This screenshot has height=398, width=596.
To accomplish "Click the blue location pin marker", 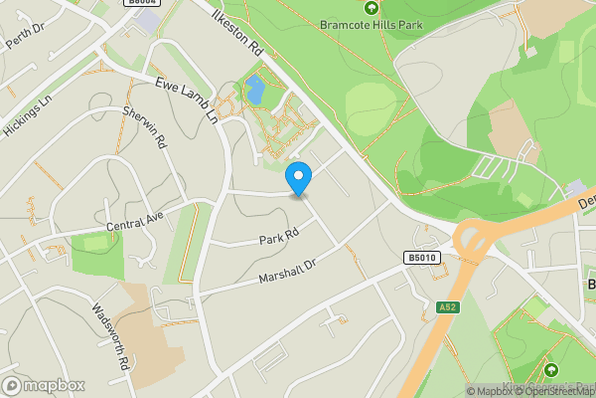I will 299,178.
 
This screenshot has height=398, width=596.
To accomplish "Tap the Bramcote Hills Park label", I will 372,26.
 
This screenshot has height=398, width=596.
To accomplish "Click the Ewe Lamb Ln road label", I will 185,99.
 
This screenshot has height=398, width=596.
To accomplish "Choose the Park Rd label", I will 279,238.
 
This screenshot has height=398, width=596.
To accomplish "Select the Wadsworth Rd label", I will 111,335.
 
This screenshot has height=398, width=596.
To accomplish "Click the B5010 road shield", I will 421,258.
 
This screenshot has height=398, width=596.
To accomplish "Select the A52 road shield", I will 447,308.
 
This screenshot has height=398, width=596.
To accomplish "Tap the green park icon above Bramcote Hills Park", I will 372,8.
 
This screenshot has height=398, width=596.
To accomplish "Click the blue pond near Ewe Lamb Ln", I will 255,90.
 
